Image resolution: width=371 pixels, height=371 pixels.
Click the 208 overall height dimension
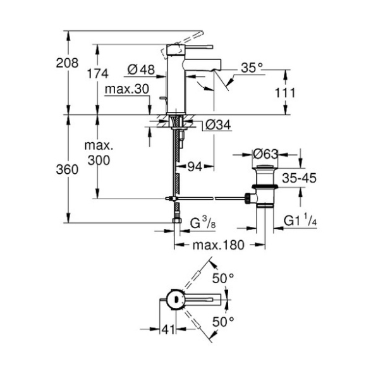pyautogui.click(x=67, y=63)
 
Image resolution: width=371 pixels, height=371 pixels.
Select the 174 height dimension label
pyautogui.click(x=98, y=73)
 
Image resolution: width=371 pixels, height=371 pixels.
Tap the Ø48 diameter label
pyautogui.click(x=141, y=70)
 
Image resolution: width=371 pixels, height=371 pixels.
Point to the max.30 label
pyautogui.click(x=127, y=89)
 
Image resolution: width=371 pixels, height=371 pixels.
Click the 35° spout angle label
pyautogui.click(x=252, y=68)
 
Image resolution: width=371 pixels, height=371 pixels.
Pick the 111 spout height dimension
pyautogui.click(x=285, y=93)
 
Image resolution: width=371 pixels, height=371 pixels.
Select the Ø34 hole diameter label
pyautogui.click(x=218, y=125)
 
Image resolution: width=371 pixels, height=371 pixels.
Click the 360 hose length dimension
pyautogui.click(x=67, y=169)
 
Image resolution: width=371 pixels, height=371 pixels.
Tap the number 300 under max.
pyautogui.click(x=99, y=160)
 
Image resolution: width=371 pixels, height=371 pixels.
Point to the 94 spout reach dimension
pyautogui.click(x=195, y=167)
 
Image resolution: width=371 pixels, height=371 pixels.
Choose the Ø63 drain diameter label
pyautogui.click(x=265, y=154)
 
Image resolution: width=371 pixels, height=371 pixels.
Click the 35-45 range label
pyautogui.click(x=299, y=178)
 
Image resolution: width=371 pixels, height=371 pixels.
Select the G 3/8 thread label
pyautogui.click(x=203, y=223)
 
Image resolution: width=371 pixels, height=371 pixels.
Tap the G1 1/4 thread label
pyautogui.click(x=300, y=221)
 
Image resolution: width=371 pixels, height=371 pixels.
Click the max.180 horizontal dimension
pyautogui.click(x=219, y=245)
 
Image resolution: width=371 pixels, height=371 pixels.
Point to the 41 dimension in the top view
pyautogui.click(x=168, y=329)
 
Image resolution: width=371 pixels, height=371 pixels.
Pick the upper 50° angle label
pyautogui.click(x=223, y=278)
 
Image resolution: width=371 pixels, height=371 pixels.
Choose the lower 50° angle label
pyautogui.click(x=223, y=322)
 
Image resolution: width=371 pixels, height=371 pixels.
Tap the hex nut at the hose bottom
pyautogui.click(x=177, y=221)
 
